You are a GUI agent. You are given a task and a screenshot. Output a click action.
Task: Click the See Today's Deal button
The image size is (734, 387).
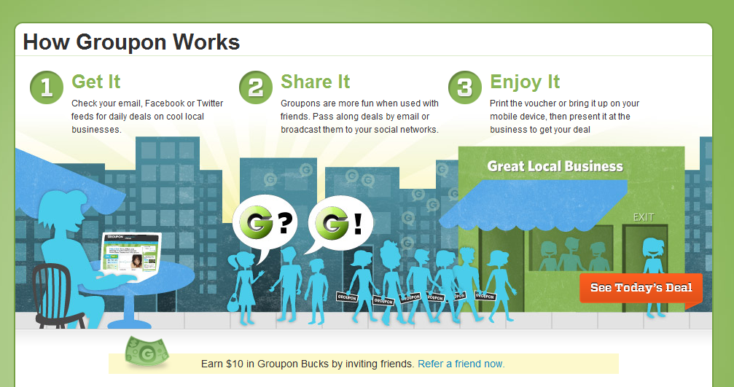[641, 288]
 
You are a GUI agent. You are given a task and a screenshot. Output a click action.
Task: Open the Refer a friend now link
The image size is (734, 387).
[461, 364]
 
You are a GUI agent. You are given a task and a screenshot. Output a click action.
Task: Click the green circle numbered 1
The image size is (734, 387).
[47, 87]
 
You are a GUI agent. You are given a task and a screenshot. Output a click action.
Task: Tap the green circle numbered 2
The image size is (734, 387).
[256, 87]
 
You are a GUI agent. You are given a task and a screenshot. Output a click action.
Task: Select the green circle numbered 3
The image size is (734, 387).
[465, 87]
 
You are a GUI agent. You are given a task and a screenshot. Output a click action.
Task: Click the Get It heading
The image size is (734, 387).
[96, 82]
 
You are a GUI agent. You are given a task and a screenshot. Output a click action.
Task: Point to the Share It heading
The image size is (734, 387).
[315, 82]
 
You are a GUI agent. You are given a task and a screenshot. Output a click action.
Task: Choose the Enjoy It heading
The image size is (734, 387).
[525, 82]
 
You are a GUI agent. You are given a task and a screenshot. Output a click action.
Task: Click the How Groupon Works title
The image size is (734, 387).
[131, 42]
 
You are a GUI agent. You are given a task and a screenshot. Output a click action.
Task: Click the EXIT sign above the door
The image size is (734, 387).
[643, 217]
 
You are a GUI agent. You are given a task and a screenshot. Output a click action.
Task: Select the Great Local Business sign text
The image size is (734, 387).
[555, 166]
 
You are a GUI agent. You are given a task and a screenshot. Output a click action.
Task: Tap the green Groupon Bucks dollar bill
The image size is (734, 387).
[147, 351]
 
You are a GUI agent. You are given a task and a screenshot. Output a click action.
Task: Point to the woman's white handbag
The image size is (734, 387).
[233, 302]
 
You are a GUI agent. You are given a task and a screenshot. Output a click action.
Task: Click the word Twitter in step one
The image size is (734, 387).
[210, 103]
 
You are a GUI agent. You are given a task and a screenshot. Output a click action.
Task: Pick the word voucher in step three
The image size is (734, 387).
[542, 103]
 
